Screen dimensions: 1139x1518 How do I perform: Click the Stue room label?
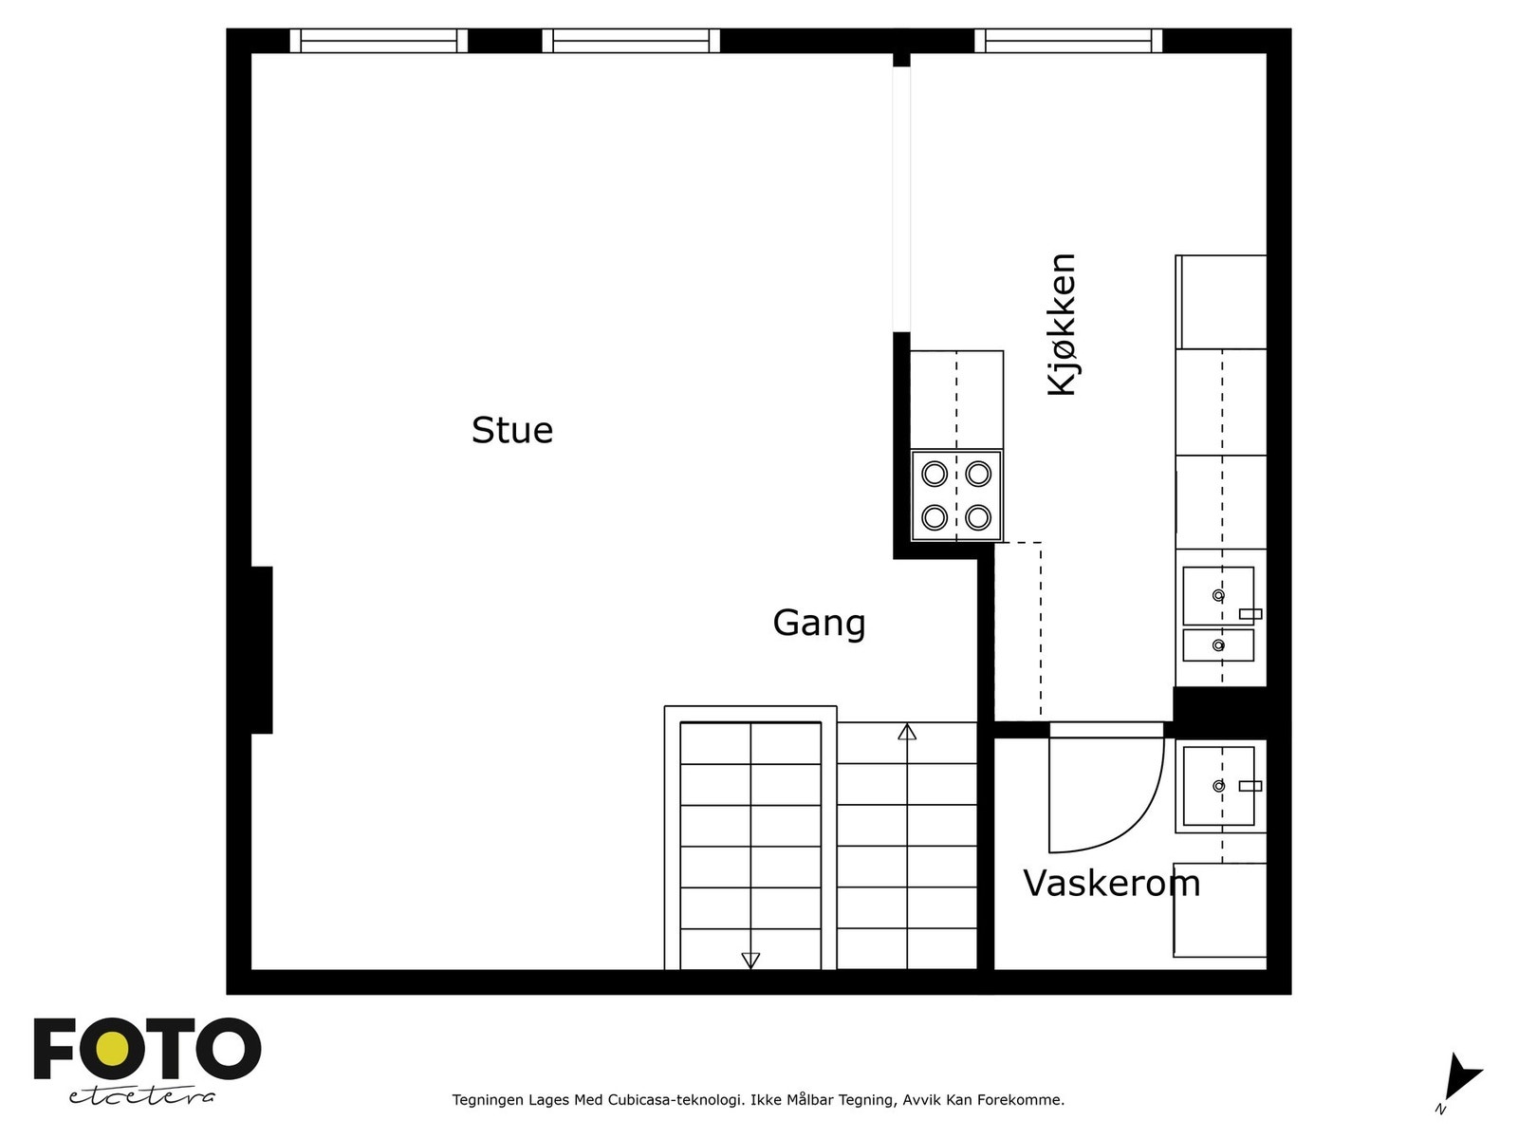click(x=512, y=431)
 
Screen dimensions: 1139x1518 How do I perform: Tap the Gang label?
click(x=819, y=624)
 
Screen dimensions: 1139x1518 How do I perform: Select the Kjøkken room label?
click(x=1063, y=325)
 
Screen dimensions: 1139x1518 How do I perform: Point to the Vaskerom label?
click(x=1111, y=884)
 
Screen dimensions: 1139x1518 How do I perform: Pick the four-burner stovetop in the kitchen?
click(x=956, y=495)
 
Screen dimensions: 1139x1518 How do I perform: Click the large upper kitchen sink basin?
click(x=1218, y=595)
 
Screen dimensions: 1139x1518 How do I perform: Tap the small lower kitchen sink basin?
click(x=1218, y=645)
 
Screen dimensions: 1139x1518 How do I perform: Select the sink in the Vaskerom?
click(x=1218, y=786)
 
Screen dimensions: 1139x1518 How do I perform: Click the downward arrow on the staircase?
click(x=750, y=960)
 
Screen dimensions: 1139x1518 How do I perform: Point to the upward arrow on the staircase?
click(x=907, y=732)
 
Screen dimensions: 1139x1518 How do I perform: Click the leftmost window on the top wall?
click(x=379, y=41)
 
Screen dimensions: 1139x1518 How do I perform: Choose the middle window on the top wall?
click(x=631, y=41)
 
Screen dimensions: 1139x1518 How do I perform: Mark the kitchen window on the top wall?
click(x=1068, y=41)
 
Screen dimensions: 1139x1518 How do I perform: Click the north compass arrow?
click(x=1461, y=1081)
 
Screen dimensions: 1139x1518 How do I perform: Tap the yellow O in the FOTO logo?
click(x=116, y=1049)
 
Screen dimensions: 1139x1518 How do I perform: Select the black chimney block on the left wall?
click(x=261, y=650)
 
